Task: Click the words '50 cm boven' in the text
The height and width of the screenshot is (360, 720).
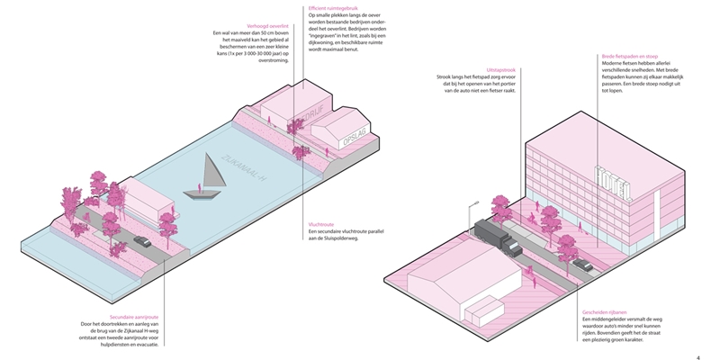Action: tap(275, 34)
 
